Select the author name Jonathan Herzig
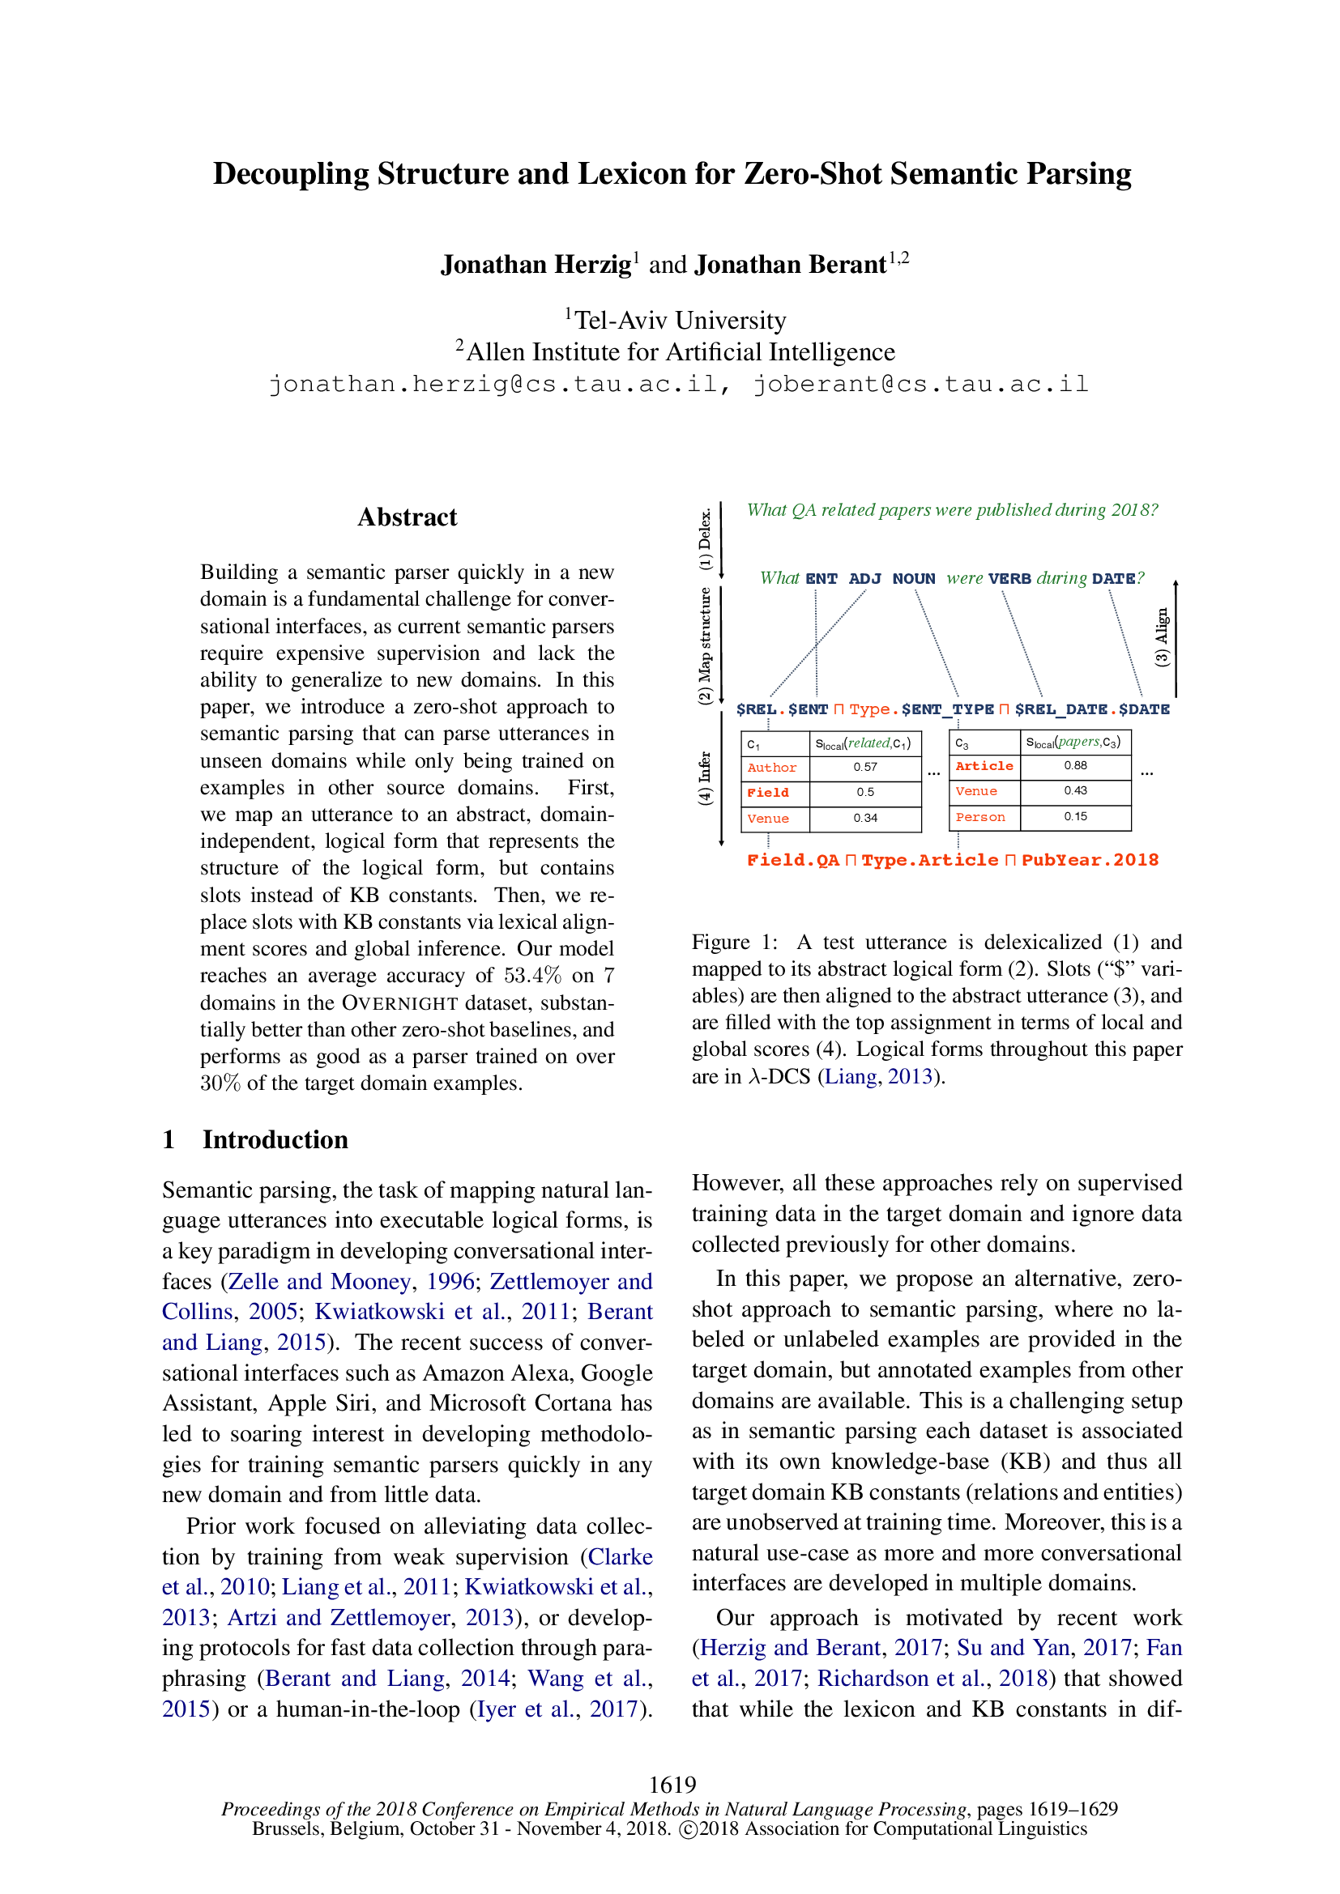click(x=536, y=264)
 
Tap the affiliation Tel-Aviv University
click(x=680, y=320)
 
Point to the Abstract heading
click(x=407, y=517)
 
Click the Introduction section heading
click(x=275, y=1139)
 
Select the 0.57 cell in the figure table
click(x=864, y=767)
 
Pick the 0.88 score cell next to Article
click(x=1075, y=765)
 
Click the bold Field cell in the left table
click(x=768, y=793)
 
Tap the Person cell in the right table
click(x=980, y=818)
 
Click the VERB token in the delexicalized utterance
click(x=1009, y=579)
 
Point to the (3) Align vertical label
click(x=1162, y=636)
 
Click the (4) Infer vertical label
click(x=705, y=777)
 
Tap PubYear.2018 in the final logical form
click(x=1090, y=861)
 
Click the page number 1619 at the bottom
click(x=672, y=1785)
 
